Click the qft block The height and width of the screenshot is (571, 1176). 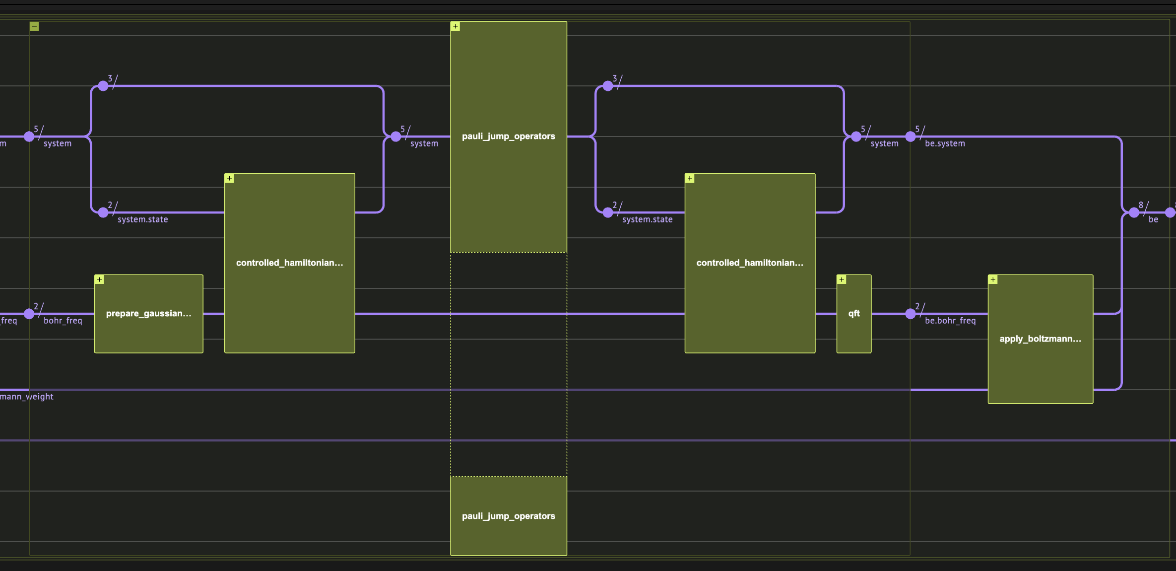[853, 313]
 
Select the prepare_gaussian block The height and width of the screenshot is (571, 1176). [148, 313]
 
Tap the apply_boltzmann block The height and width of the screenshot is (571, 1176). [1040, 339]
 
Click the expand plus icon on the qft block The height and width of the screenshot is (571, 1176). [842, 280]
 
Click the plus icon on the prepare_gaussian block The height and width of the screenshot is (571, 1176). [100, 280]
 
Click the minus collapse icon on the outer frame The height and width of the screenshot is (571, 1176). [34, 26]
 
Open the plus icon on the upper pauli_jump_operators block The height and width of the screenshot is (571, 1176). [456, 26]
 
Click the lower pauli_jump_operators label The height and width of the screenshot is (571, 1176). [508, 516]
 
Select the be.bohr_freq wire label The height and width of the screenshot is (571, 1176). [950, 321]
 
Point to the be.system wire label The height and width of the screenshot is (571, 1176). [945, 143]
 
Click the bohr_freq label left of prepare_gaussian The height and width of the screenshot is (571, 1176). [63, 321]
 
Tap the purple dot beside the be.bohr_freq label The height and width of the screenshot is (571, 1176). [910, 314]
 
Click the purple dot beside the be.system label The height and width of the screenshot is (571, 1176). [910, 137]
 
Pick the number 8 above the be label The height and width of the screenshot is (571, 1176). [1141, 205]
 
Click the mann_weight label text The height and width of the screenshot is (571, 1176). [27, 397]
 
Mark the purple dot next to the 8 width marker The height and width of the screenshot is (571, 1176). [1134, 213]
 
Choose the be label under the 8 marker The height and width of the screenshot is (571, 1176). [1153, 219]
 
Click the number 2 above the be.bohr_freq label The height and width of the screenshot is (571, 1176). [917, 306]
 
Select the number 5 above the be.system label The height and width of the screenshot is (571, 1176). [917, 129]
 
